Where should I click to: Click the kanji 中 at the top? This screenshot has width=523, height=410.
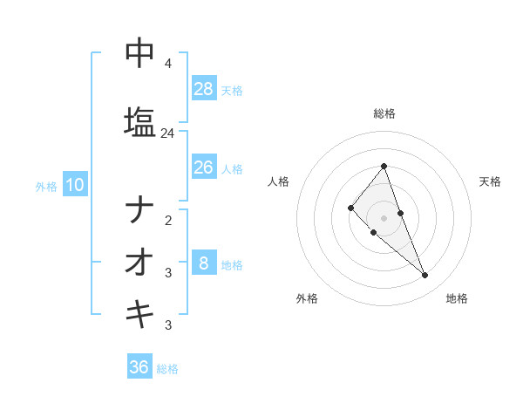139,53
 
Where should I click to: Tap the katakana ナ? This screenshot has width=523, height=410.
139,209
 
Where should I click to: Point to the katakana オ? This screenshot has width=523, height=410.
139,262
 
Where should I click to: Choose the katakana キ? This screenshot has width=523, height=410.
139,314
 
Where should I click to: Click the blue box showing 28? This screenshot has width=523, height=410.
204,89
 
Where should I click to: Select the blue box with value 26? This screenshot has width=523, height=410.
204,167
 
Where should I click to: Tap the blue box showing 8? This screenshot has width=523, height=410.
204,263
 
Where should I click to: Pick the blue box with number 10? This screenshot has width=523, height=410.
74,185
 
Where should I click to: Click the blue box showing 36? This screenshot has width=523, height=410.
139,367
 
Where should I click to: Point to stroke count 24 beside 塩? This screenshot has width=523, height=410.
167,133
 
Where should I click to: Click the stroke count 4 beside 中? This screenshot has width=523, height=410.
167,64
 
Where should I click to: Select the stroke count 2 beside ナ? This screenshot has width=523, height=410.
167,221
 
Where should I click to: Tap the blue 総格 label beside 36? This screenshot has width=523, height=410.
167,369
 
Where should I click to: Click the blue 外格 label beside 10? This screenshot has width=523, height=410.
45,186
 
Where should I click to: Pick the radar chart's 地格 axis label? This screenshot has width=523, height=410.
457,298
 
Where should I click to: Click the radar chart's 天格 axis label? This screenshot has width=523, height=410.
490,181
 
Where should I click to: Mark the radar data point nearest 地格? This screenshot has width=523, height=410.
425,276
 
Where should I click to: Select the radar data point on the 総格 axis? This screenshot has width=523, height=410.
384,166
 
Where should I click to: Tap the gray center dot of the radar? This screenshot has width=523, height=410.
384,217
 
